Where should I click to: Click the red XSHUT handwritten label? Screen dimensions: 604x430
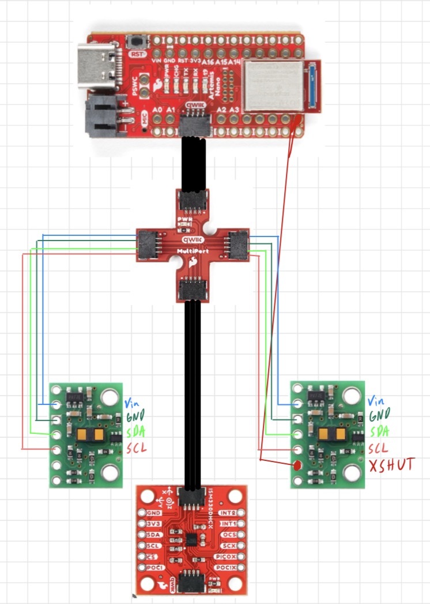pos(392,464)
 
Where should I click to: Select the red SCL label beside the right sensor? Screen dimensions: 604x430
pos(378,448)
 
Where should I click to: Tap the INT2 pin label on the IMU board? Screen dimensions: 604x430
pos(228,513)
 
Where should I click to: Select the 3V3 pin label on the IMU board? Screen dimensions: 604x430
pos(153,524)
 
